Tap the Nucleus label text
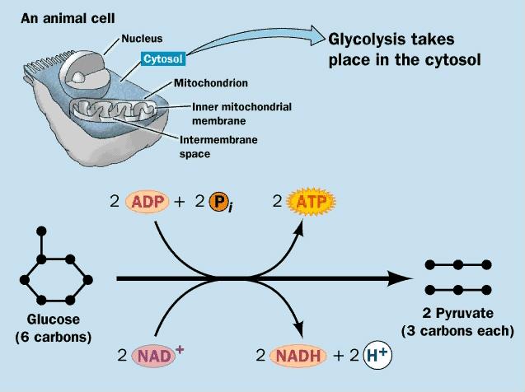click(x=142, y=38)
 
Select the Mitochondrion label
click(x=210, y=83)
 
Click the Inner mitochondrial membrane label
click(x=231, y=113)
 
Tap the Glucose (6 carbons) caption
click(x=54, y=329)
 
